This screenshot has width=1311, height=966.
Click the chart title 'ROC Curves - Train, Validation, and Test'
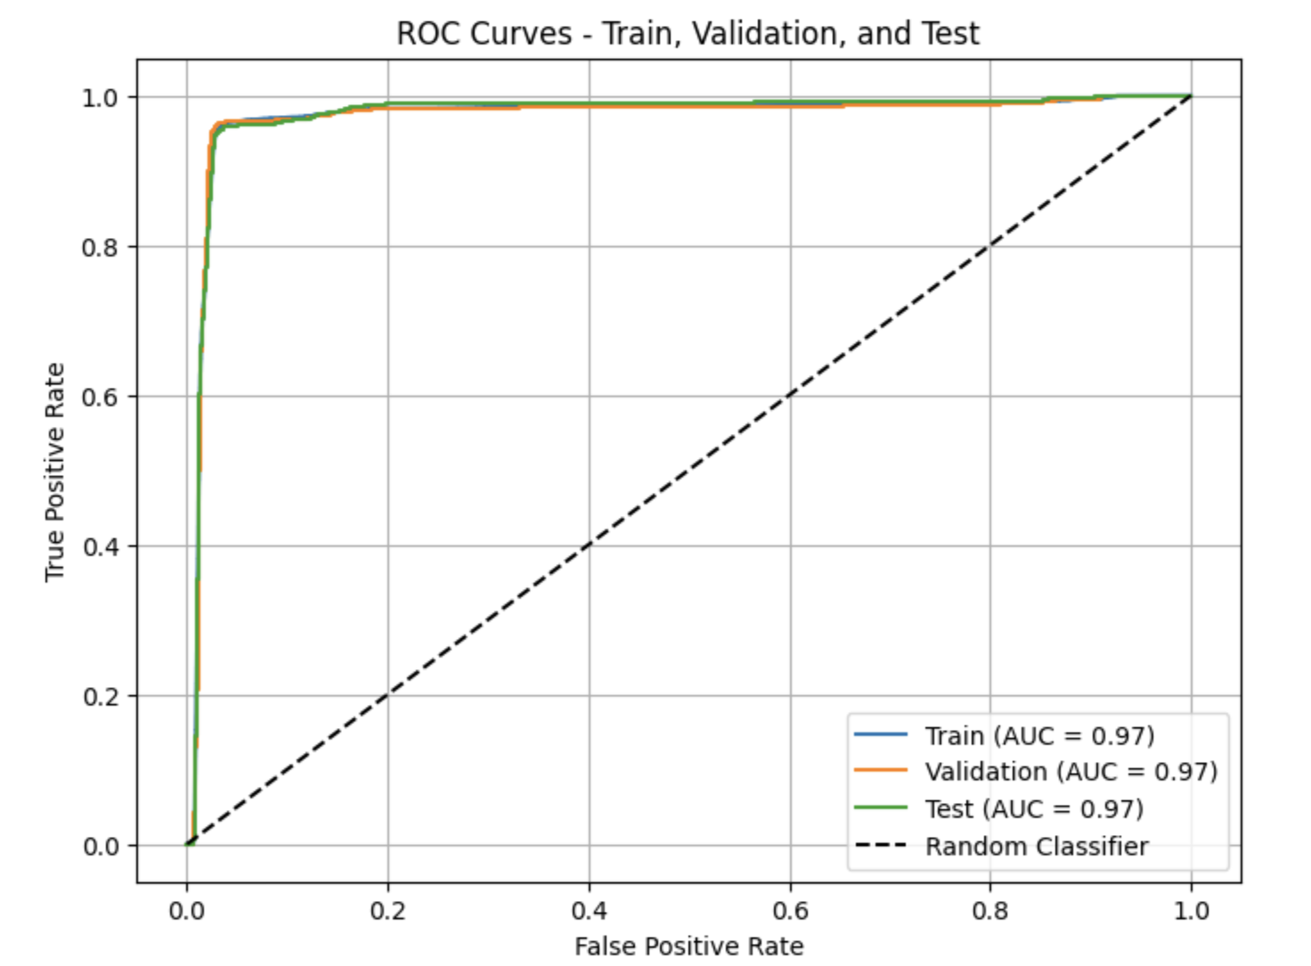point(688,34)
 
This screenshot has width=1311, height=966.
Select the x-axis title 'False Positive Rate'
point(688,946)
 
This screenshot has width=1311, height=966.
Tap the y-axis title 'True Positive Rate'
point(55,471)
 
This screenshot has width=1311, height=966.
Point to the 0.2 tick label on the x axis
point(387,911)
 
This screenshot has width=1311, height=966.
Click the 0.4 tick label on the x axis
point(589,911)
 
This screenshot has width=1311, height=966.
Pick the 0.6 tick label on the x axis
point(790,911)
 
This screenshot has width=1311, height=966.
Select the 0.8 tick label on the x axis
point(990,911)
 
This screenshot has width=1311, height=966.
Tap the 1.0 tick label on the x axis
point(1191,911)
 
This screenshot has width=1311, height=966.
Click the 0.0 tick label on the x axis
point(186,911)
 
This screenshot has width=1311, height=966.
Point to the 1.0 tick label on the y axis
point(100,97)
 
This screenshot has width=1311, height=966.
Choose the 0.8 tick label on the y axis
point(100,247)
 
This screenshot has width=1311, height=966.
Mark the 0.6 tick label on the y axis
point(100,397)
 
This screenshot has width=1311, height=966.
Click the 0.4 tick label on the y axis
point(100,546)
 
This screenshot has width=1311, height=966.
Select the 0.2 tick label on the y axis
point(100,696)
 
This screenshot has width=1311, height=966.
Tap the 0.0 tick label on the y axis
point(100,846)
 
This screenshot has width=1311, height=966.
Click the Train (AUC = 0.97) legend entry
point(1039,735)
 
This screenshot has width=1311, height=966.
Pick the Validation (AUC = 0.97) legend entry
point(1071,771)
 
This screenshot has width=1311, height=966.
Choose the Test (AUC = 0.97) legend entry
point(1034,808)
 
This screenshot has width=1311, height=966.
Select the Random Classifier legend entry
point(1037,846)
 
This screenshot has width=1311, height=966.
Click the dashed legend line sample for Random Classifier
point(881,845)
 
